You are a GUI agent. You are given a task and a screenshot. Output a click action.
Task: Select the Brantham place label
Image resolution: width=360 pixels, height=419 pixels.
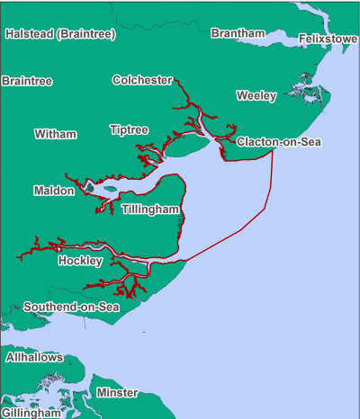(x=238, y=33)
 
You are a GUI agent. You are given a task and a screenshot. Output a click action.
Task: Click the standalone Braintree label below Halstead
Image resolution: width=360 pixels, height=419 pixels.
(x=27, y=81)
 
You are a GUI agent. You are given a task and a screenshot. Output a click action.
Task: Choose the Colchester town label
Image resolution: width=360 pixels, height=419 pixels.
(x=142, y=80)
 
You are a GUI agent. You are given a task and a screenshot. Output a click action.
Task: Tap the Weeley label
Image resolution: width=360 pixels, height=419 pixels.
(x=256, y=95)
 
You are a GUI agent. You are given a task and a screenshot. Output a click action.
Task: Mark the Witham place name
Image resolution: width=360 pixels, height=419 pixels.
(x=56, y=134)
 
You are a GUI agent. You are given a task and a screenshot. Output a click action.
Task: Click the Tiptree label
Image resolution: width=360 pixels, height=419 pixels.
(x=129, y=130)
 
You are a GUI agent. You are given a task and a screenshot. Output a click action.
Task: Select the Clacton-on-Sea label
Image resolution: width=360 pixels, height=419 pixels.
(x=279, y=142)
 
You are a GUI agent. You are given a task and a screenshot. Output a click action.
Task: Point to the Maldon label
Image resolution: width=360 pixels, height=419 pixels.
(x=54, y=191)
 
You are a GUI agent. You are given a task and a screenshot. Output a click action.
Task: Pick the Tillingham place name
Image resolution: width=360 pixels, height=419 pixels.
(x=151, y=209)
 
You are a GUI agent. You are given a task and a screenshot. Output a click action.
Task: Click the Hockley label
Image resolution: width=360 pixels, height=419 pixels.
(x=80, y=261)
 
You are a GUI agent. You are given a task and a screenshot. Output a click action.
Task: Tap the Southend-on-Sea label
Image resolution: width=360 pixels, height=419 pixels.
(x=71, y=308)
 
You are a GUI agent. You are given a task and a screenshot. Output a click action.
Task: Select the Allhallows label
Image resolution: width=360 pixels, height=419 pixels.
(x=34, y=357)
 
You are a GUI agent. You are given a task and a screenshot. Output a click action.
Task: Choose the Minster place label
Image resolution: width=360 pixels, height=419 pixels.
(x=117, y=393)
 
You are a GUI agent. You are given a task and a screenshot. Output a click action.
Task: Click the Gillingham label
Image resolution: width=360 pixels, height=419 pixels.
(x=31, y=413)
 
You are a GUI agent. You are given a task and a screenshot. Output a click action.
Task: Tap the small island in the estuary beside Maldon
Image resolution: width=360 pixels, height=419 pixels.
(x=110, y=189)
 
